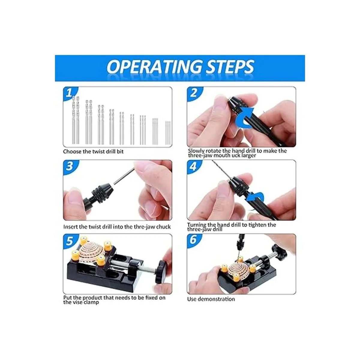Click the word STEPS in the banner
pyautogui.click(x=230, y=67)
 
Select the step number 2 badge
pyautogui.click(x=193, y=93)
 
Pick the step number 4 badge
pyautogui.click(x=193, y=166)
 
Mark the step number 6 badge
pyautogui.click(x=193, y=240)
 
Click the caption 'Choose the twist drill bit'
pyautogui.click(x=93, y=151)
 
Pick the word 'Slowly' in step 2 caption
pyautogui.click(x=196, y=151)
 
